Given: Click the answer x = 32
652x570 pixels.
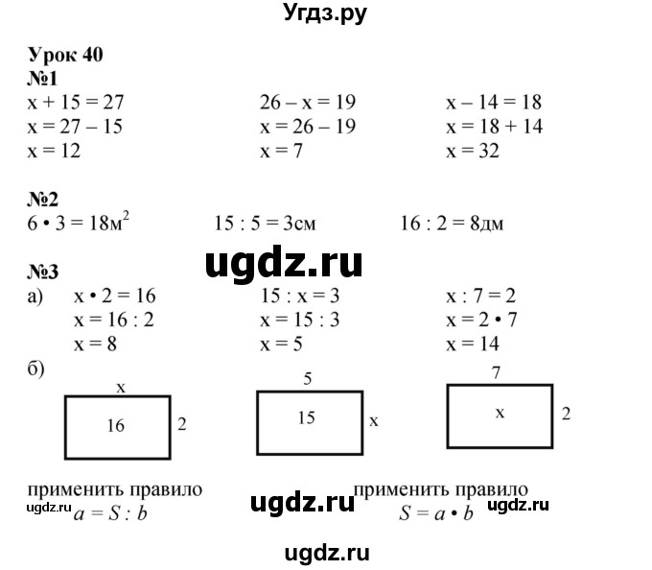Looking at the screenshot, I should point(473,151).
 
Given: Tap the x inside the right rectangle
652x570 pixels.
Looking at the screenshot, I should point(499,412).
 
